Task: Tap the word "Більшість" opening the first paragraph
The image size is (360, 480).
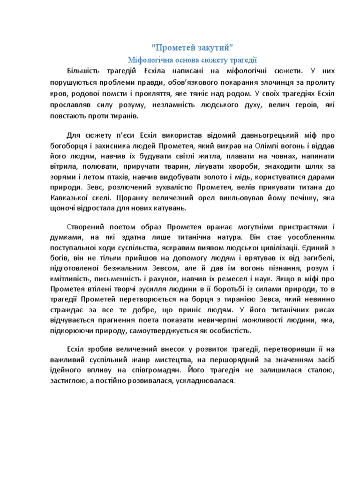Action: [x=84, y=71]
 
